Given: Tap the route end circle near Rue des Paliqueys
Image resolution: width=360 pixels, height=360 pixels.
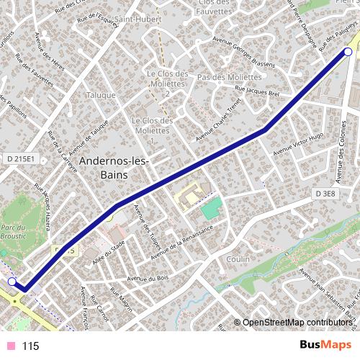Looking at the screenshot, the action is click(348, 51).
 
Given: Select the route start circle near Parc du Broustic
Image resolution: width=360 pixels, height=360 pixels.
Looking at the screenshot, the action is click(12, 282).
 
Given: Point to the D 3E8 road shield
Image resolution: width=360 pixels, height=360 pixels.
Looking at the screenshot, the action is click(325, 194).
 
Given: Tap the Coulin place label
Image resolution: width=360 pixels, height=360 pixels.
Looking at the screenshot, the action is click(238, 258).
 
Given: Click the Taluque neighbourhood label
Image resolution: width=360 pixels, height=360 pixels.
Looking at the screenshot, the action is click(101, 95).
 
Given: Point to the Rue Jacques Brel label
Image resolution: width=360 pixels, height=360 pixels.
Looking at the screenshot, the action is click(258, 92).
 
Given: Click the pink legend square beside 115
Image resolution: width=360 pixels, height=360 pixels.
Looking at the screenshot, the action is click(10, 346).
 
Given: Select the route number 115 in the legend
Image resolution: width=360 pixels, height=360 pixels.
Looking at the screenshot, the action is click(30, 346).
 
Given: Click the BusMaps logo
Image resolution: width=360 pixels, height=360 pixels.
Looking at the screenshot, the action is click(325, 345).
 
